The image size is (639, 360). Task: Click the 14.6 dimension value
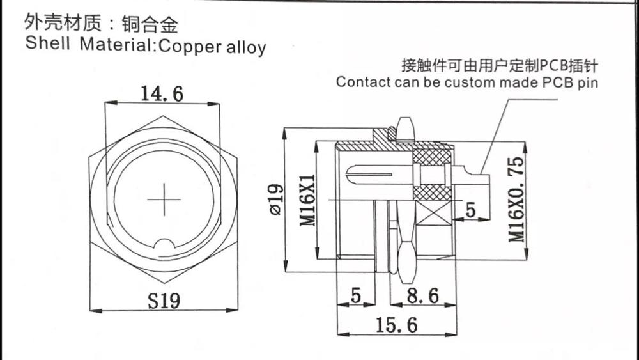pyautogui.click(x=162, y=94)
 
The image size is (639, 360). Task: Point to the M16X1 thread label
pyautogui.click(x=308, y=200)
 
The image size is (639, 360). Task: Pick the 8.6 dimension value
pyautogui.click(x=422, y=296)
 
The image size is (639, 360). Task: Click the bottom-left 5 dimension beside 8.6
pyautogui.click(x=357, y=296)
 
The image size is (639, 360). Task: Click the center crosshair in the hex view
pyautogui.click(x=164, y=200)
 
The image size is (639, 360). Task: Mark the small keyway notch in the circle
pyautogui.click(x=164, y=245)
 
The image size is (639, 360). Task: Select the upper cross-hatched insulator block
pyautogui.click(x=433, y=155)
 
